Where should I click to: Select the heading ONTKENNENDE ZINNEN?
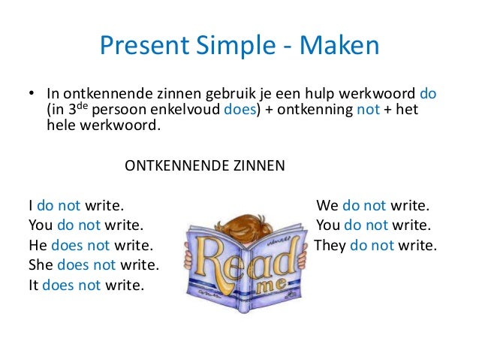pos(204,165)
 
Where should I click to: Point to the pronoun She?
pos(41,265)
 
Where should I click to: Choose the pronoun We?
pos(328,204)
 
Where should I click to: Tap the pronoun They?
pos(330,245)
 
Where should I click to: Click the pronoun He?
pos(38,245)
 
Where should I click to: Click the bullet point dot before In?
pos(32,95)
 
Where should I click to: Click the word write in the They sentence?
pos(415,245)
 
